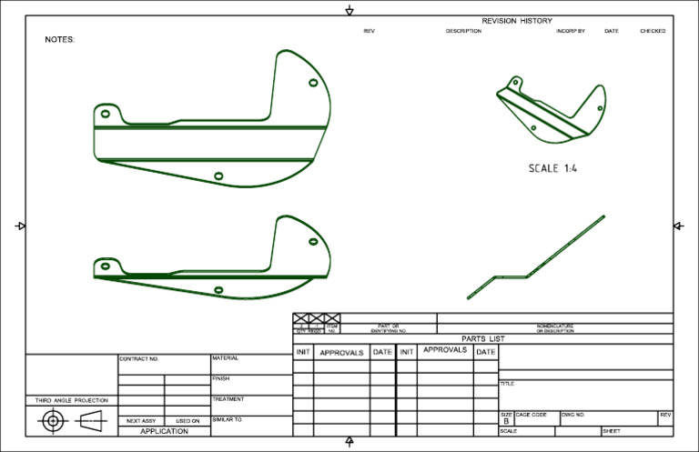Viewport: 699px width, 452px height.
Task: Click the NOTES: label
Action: (x=60, y=40)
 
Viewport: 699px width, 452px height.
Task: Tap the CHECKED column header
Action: (x=653, y=31)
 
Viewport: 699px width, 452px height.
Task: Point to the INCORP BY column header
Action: (x=571, y=31)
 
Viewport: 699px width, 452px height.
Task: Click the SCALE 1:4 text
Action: (x=552, y=168)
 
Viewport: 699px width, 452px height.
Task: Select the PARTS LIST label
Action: (x=482, y=338)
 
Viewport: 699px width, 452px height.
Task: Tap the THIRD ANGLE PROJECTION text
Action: (x=71, y=400)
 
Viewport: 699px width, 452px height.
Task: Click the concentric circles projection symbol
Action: (x=53, y=421)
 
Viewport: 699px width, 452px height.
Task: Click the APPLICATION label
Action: (x=164, y=431)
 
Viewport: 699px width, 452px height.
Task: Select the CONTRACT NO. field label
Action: (x=139, y=359)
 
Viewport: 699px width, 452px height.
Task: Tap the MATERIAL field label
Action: (x=225, y=358)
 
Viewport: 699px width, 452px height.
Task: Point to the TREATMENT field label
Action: (x=228, y=399)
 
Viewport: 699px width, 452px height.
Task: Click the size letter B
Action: (x=506, y=422)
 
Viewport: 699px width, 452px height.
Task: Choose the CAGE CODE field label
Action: (x=532, y=414)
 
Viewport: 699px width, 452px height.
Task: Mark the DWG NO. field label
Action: (x=573, y=414)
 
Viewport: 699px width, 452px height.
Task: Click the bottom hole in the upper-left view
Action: (x=218, y=176)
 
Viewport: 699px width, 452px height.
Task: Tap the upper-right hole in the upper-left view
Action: (x=313, y=82)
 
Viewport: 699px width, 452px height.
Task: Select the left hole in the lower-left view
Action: (x=106, y=266)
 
